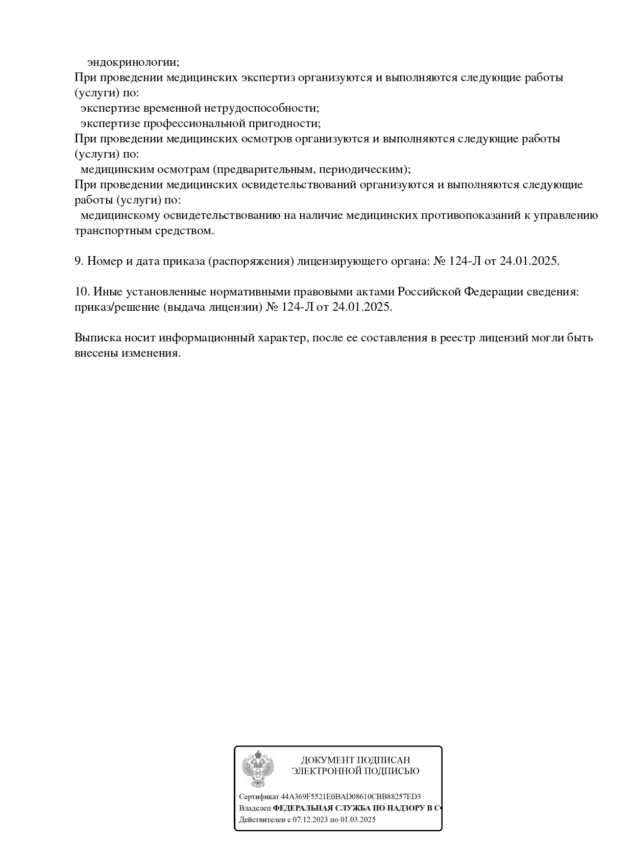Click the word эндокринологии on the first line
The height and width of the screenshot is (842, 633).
133,62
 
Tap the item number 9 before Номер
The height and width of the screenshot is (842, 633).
79,261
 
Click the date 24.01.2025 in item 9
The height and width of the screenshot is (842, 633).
529,261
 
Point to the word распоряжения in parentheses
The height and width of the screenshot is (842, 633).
251,261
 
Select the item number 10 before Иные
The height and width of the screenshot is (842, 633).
82,292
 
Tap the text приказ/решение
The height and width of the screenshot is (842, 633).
111,307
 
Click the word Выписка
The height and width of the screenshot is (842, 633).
99,338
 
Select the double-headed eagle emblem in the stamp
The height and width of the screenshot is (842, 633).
258,768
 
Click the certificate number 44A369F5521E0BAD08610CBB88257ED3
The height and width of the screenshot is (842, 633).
351,797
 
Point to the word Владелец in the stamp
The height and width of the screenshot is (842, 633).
255,808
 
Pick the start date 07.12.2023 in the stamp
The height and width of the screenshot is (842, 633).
310,820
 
